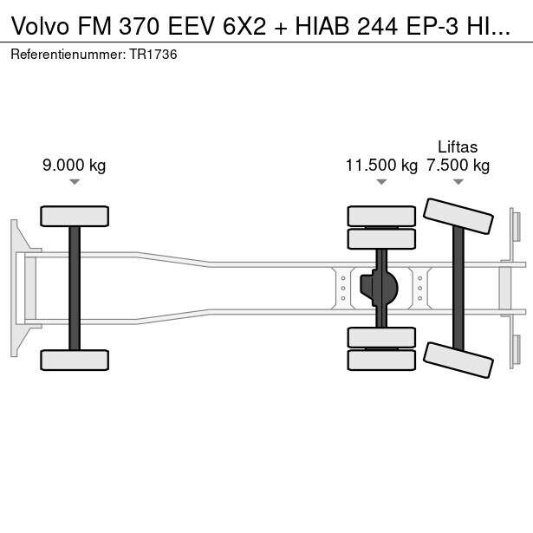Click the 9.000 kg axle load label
(75, 166)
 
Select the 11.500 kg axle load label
(381, 166)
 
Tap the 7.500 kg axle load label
(458, 166)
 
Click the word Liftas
(458, 147)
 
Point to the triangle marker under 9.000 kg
(75, 182)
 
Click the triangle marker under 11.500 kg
(381, 182)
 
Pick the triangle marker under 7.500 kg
(458, 182)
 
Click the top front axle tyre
(75, 216)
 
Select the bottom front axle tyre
(75, 360)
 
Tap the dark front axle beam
(75, 289)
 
